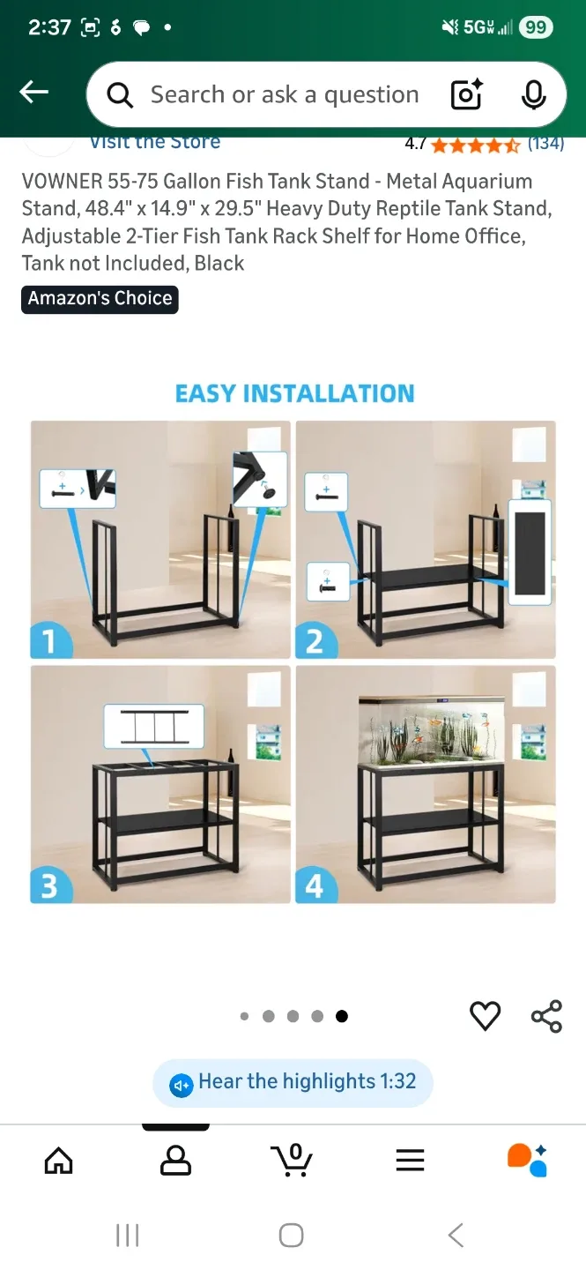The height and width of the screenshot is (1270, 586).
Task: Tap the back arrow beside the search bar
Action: [34, 92]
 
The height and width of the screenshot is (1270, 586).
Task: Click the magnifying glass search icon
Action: [120, 94]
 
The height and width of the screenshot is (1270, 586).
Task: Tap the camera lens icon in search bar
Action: [466, 94]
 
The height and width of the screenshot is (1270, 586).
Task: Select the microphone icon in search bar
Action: [533, 94]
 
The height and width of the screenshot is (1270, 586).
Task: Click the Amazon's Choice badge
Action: [100, 299]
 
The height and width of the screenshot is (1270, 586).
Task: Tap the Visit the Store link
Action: [155, 143]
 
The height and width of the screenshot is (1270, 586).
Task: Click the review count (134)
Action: [545, 144]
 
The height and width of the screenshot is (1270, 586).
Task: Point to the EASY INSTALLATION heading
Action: [294, 393]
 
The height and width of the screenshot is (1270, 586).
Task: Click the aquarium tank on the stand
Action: [432, 730]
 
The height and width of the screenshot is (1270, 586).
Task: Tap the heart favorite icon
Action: [485, 1016]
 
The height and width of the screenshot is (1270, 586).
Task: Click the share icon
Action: [546, 1016]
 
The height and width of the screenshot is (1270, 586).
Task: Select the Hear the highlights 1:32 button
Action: [293, 1082]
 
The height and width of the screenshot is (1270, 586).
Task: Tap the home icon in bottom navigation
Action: [59, 1160]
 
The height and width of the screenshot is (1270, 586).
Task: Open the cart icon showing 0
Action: [293, 1160]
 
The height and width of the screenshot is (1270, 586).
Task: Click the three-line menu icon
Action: [410, 1160]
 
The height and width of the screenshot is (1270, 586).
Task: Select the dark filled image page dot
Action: [342, 1016]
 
